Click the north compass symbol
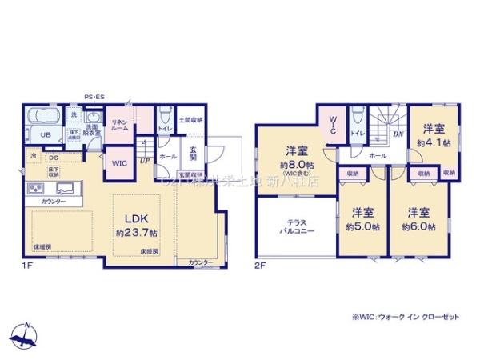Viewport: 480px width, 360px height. [x=26, y=334]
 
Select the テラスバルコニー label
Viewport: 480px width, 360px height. [x=295, y=226]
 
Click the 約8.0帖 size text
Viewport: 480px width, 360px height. [x=294, y=166]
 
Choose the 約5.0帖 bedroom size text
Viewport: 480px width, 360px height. [x=363, y=226]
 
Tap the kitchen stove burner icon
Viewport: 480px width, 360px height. [x=37, y=190]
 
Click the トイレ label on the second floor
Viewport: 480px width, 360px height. [x=358, y=134]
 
